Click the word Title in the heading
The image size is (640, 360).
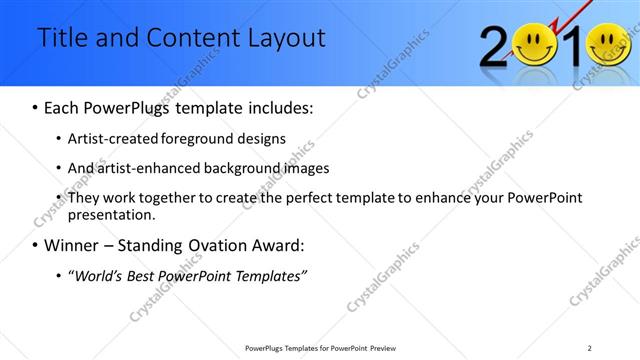point(64,38)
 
